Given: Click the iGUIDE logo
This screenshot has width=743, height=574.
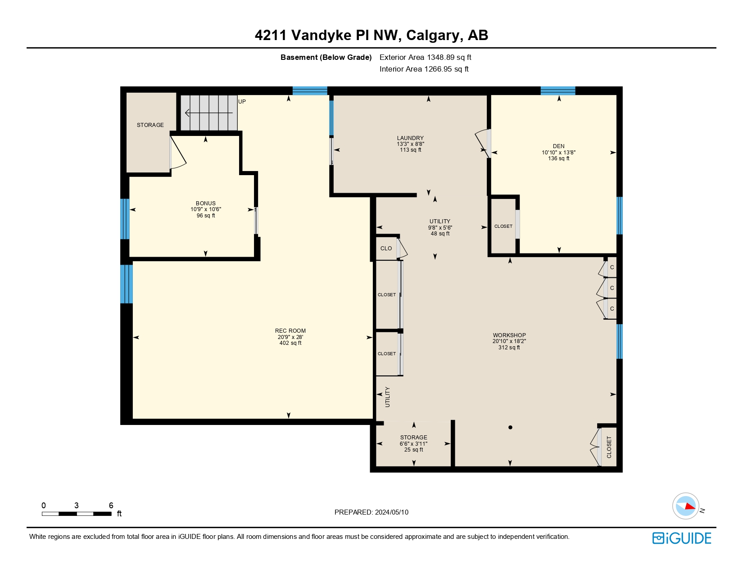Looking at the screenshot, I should (682, 538).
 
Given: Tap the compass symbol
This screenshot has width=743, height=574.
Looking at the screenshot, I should (686, 506).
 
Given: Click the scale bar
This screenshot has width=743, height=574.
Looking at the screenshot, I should (77, 513).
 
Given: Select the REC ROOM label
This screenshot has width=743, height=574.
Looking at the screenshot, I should (290, 331).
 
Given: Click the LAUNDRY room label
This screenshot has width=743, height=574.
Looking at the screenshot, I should (410, 138).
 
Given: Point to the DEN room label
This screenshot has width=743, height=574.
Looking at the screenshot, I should (558, 146).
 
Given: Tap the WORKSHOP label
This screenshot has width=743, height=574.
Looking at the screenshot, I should (509, 335).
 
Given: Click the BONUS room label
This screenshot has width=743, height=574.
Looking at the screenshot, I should (205, 203).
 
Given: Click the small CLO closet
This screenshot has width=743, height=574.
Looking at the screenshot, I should (386, 249).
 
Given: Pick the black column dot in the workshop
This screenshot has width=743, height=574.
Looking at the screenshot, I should (510, 427).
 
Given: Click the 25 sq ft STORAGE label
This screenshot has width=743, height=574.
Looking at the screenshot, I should (413, 438).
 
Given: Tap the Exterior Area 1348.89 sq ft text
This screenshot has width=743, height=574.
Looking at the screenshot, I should (425, 57).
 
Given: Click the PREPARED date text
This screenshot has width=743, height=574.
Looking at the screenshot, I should (371, 512).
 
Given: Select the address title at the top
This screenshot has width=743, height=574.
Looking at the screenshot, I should (371, 35).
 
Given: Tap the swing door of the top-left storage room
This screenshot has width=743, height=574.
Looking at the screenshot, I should (177, 153).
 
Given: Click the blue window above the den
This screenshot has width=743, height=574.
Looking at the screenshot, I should (557, 90).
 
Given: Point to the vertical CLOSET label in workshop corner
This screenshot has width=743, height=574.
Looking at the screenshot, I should (609, 447).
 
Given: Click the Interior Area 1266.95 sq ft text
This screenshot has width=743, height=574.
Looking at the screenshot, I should (424, 69).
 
